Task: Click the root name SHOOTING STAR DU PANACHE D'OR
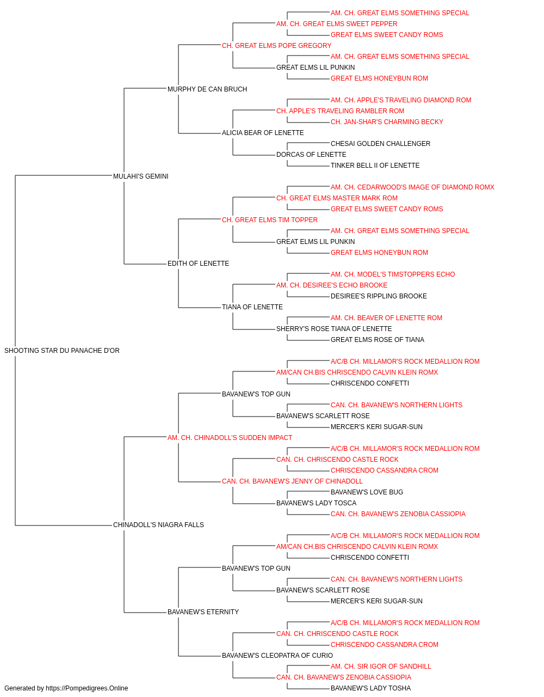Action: point(62,351)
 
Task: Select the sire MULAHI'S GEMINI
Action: point(141,176)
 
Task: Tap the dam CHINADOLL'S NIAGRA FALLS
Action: point(159,525)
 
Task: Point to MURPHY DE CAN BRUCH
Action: point(207,89)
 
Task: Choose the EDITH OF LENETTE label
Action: point(199,264)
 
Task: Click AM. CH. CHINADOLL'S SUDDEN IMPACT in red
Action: point(230,438)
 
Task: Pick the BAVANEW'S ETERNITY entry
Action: point(203,612)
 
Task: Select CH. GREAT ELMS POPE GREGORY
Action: point(277,46)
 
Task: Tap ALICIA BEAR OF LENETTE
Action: point(263,133)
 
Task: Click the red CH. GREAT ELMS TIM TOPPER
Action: point(270,219)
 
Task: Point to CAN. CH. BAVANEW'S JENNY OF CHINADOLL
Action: point(292,481)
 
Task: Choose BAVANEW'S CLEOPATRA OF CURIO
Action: point(277,656)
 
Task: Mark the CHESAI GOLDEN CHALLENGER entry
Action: point(381,144)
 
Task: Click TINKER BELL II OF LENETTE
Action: point(375,166)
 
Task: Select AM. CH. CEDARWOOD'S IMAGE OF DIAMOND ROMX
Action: point(413,187)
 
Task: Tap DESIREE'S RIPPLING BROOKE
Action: point(379,296)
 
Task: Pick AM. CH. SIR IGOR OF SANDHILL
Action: point(381,667)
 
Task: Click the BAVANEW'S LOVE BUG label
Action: point(367,492)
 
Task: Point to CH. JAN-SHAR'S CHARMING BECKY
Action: point(387,122)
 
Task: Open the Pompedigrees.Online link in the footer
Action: point(87,688)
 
